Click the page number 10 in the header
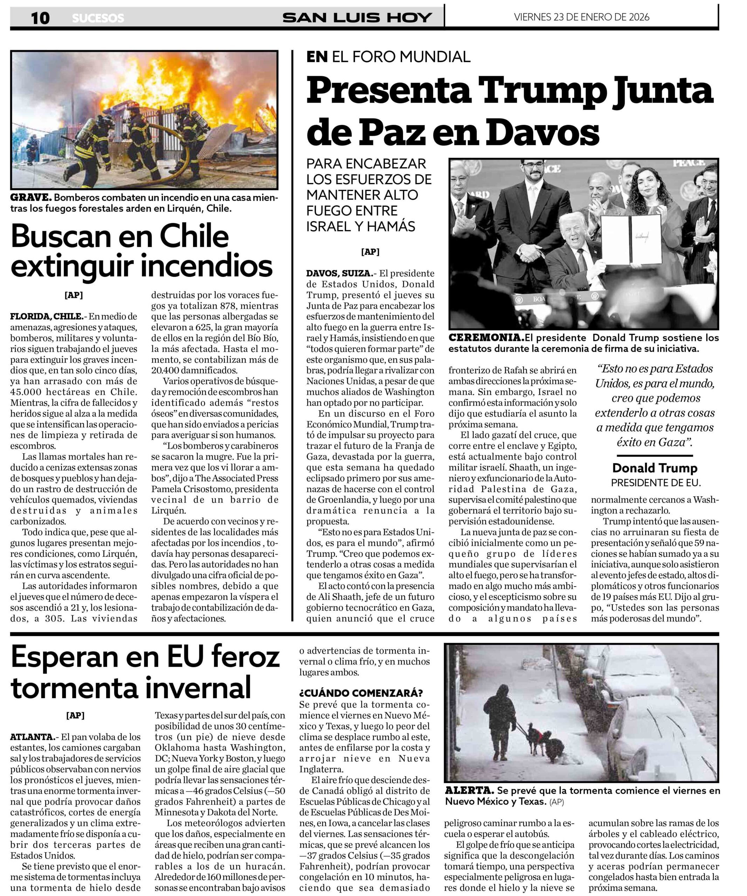pos(40,18)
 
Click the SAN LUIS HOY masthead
pos(357,17)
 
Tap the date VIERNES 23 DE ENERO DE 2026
pos(581,17)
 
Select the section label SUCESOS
pos(98,18)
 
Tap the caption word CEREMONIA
pos(486,337)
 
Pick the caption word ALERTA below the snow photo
pos(469,790)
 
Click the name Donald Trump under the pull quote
pos(655,468)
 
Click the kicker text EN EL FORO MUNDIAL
pos(388,56)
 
